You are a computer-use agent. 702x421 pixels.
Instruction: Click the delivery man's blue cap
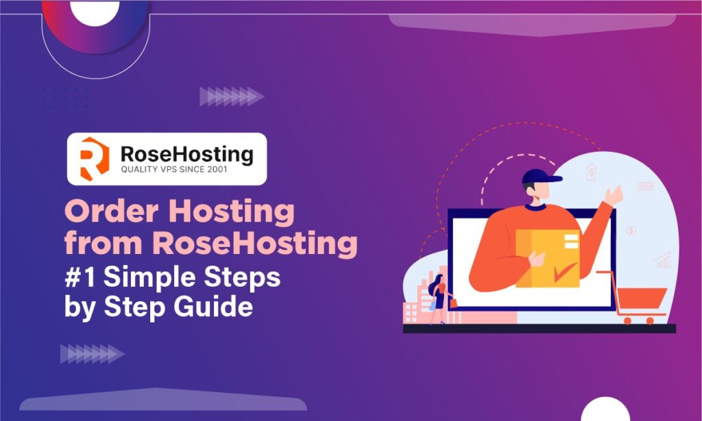coord(540,177)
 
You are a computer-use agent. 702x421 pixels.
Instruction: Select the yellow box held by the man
coord(547,257)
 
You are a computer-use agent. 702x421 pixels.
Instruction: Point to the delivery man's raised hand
coord(616,194)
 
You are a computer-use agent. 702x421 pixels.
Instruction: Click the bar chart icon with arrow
coord(662,260)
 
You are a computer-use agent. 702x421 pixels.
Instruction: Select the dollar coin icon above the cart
coord(631,231)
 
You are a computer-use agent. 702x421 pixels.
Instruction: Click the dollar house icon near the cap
coord(591,173)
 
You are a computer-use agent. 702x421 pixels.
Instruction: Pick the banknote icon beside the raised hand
coord(645,186)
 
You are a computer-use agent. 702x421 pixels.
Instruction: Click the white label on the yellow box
coord(568,241)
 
